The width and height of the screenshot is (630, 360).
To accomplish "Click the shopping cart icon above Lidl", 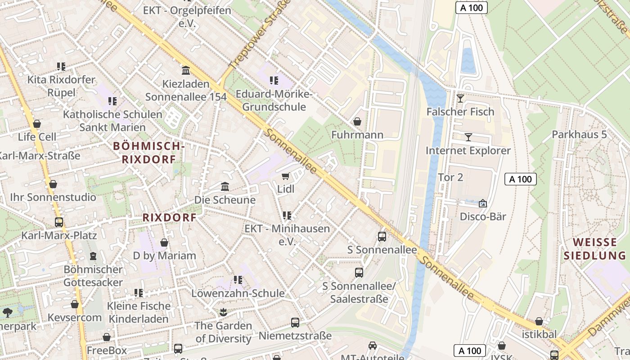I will point(285,176).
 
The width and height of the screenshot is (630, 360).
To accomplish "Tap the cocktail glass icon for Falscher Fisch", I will point(460,99).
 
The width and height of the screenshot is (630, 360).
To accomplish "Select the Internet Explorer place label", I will point(468,151).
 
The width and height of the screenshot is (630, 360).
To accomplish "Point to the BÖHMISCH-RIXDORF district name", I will point(149,153).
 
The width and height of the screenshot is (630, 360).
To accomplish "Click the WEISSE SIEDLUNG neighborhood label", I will point(594,249).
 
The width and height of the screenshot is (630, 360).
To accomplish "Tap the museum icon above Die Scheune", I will point(225,186).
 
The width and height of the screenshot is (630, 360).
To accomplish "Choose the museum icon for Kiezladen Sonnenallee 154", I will point(185,71).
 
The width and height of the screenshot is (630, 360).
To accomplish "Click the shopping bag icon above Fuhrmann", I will point(357,121).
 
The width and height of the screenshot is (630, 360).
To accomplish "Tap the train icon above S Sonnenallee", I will point(382,236).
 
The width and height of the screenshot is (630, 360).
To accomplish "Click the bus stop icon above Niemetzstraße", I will point(295,322).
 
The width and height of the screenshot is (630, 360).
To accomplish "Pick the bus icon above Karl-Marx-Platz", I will point(59,222).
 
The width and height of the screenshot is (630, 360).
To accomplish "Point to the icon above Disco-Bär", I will point(483,203).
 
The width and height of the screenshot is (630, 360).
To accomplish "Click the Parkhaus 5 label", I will point(579,135).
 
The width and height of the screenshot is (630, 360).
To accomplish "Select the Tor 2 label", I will point(450,177).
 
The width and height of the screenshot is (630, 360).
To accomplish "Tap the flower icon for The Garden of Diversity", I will point(223,312).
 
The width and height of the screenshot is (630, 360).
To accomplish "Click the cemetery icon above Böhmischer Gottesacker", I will point(93,256).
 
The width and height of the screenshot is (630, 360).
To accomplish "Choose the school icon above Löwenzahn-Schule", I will point(238,280).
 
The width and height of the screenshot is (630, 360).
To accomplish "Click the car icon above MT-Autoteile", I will point(373,345).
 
